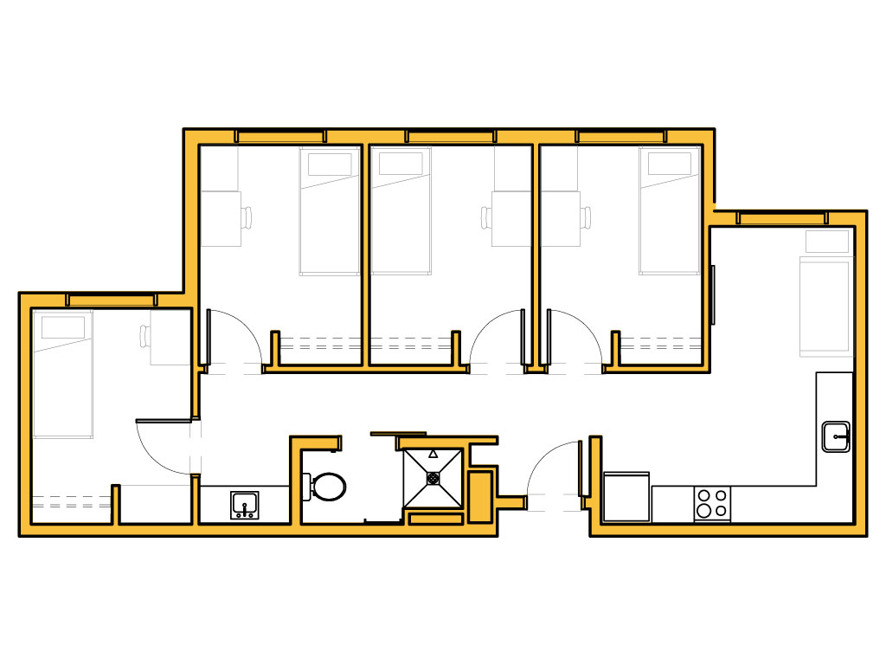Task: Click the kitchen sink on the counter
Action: pos(835,436)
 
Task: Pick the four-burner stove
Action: pos(712,504)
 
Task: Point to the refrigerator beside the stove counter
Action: pos(626,497)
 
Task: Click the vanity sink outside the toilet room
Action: pos(244,505)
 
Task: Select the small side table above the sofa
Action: pos(827,242)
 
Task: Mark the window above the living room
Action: pos(783,217)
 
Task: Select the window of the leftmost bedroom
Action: pos(111,300)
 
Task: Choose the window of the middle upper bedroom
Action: pos(450,136)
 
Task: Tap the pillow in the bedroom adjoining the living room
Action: pos(670,163)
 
